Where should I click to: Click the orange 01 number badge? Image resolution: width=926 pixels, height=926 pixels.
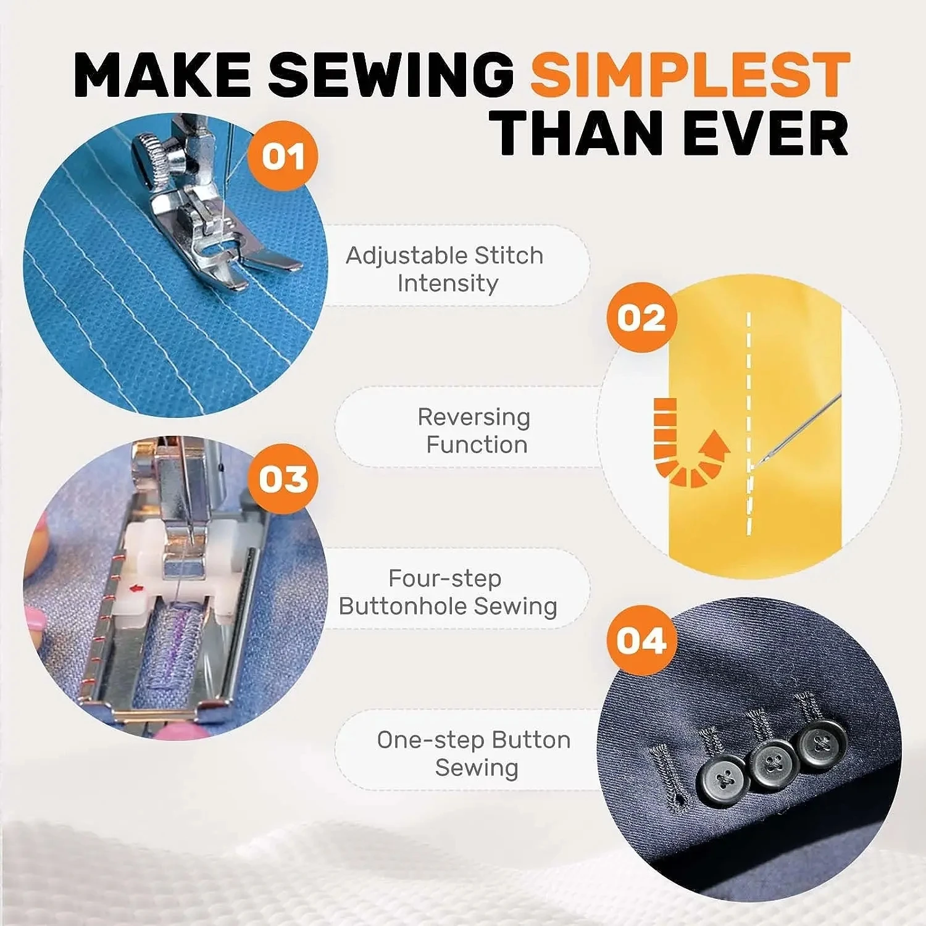pos(283,156)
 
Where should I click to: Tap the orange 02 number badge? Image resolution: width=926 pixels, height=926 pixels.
pos(641,317)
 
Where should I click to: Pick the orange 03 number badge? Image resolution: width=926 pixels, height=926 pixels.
pos(283,479)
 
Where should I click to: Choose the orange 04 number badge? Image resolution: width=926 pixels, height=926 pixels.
pos(641,640)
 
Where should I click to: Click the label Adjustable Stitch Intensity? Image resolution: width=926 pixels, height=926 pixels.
pos(445,269)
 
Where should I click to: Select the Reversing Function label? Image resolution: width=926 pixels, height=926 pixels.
pos(474,430)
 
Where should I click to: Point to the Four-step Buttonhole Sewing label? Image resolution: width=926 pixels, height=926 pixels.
pos(448,592)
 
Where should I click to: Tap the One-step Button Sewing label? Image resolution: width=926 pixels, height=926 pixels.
pos(474,753)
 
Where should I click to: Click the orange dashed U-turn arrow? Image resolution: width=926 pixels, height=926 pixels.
pos(685,448)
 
